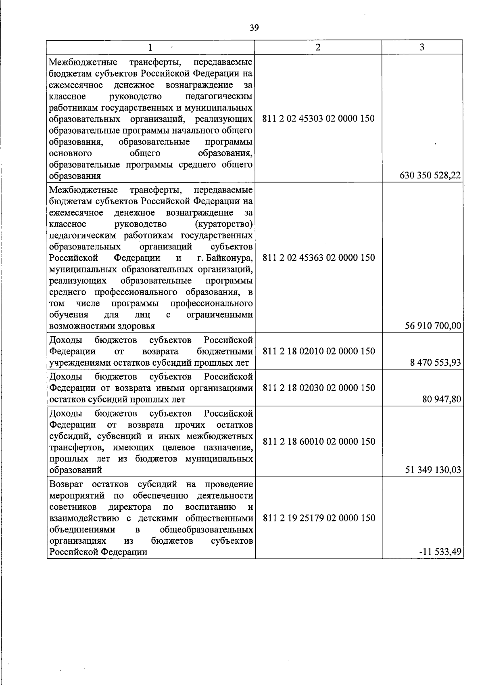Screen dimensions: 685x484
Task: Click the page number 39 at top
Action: point(254,28)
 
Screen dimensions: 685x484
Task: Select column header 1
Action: point(150,48)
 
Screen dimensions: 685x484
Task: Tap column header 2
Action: point(318,47)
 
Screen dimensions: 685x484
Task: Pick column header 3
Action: point(422,47)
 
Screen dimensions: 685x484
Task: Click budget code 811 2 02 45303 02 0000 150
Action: point(318,119)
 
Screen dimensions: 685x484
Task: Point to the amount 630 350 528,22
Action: point(430,176)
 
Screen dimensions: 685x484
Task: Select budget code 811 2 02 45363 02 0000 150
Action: point(319,258)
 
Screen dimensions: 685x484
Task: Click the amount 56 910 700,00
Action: point(433,326)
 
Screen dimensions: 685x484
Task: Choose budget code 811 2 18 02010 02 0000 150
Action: point(319,351)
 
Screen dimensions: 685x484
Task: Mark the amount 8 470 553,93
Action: point(436,362)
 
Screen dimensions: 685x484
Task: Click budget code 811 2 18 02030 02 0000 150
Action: point(319,388)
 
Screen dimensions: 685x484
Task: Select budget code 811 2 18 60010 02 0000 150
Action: point(319,442)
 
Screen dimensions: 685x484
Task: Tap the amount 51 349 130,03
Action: point(433,470)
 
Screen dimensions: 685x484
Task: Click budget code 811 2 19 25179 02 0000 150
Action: point(319,518)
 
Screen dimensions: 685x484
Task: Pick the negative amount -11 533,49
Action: point(440,552)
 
